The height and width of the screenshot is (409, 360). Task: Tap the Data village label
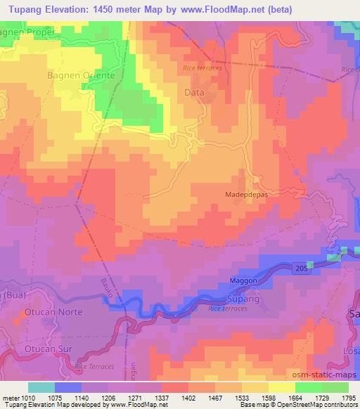tap(194, 93)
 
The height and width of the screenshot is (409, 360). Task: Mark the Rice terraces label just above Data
tap(202, 68)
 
